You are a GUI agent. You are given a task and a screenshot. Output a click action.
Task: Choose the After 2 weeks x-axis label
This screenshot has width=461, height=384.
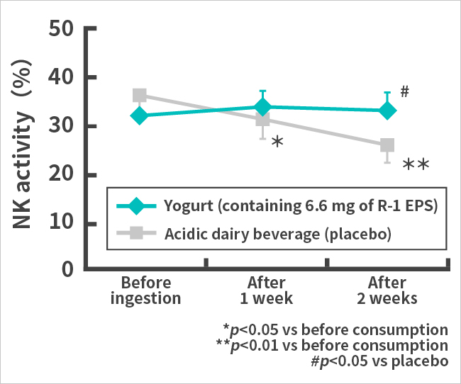[x=387, y=290]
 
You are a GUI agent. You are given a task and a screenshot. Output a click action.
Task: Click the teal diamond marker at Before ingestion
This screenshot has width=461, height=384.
[x=139, y=115]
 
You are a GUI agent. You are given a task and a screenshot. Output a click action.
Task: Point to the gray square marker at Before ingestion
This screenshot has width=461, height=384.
[x=139, y=96]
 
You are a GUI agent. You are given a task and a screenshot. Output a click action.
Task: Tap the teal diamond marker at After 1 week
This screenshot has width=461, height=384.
[x=262, y=107]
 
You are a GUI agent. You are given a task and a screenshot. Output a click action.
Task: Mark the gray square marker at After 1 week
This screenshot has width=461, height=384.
[x=262, y=120]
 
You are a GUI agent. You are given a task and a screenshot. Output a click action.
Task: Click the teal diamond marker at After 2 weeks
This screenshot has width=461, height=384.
[x=387, y=111]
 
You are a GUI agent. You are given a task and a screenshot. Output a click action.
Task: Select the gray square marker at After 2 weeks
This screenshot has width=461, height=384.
[x=387, y=146]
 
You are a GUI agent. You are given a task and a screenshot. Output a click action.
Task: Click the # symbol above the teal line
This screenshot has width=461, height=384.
[x=405, y=91]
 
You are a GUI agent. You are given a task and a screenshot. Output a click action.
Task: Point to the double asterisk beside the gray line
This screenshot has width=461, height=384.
[x=416, y=166]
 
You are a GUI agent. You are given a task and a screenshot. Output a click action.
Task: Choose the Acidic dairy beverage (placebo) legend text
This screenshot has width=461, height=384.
[x=279, y=232]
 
